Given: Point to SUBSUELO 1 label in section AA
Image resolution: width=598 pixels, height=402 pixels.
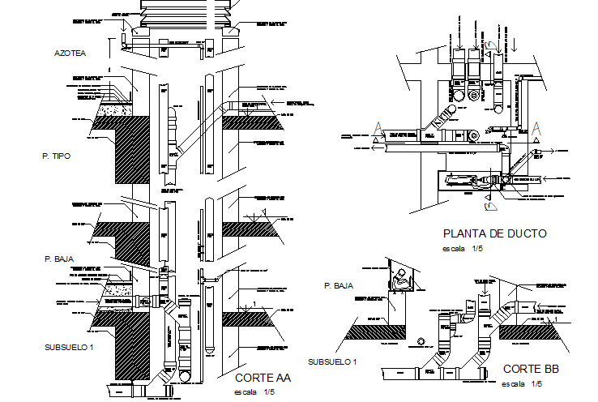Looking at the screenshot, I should click(x=70, y=347).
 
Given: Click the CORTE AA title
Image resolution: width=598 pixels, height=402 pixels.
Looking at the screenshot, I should click(x=262, y=378).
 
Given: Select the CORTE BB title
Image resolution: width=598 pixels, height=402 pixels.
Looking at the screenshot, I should click(x=531, y=369).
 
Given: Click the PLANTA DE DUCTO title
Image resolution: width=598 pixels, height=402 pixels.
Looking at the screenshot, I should click(x=493, y=233).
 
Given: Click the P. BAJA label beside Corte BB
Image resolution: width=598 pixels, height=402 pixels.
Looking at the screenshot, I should click(x=339, y=286).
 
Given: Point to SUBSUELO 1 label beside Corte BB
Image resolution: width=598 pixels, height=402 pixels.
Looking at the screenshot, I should click(x=333, y=361).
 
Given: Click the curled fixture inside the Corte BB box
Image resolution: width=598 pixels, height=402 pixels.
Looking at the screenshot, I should click(x=400, y=280).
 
